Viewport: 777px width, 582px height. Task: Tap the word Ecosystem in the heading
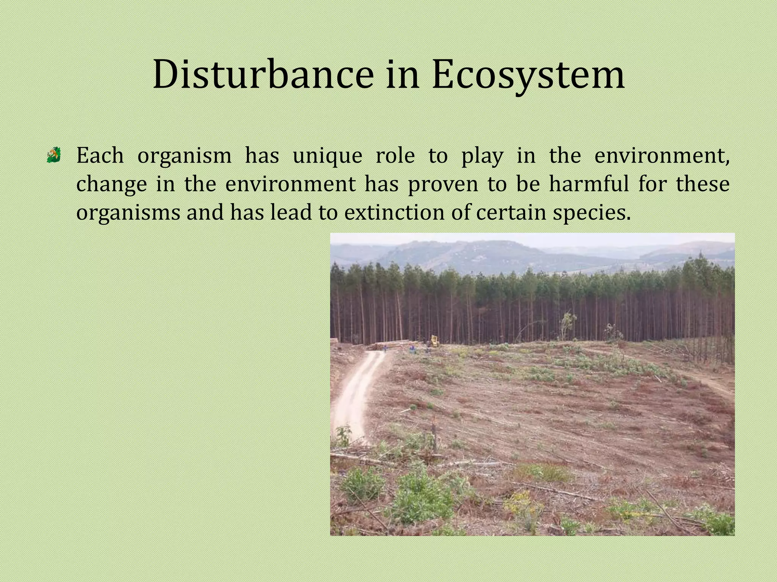(x=528, y=75)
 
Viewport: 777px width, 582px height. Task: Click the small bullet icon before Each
(x=54, y=155)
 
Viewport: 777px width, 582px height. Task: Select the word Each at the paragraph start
(x=100, y=155)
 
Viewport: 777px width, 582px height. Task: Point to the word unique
(x=327, y=156)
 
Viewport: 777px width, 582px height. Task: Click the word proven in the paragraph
(x=443, y=185)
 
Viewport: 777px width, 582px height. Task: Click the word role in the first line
(x=395, y=155)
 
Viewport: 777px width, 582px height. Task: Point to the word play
(x=482, y=156)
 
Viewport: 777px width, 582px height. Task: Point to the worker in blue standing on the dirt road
(x=385, y=348)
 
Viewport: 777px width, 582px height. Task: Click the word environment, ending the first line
(x=661, y=155)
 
